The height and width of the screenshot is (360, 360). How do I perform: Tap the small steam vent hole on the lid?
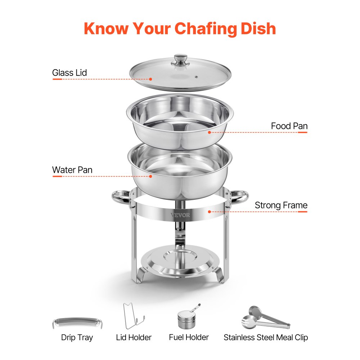point(197,77)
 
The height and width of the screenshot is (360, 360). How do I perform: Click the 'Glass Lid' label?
point(69,73)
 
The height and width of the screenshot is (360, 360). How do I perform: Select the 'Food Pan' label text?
point(289,126)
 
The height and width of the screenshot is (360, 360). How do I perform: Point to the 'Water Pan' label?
point(72,170)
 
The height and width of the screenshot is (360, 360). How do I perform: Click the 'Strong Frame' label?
point(281,205)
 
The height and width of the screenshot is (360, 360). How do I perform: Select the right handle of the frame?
point(239,197)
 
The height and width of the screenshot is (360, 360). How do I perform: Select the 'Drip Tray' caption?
point(77,338)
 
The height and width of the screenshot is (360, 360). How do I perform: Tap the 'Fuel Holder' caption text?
point(189,337)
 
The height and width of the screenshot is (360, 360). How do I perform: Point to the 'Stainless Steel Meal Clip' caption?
point(266,338)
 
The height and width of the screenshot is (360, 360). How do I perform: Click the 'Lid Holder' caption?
point(134,338)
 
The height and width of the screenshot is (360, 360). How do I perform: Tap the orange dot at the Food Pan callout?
point(209,132)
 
